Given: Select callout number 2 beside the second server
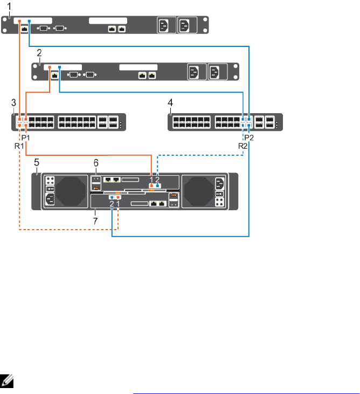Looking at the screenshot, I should tap(39, 53).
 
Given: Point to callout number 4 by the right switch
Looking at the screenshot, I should tap(171, 102).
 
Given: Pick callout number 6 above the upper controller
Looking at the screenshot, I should tap(96, 162).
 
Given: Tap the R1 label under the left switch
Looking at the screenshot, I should tap(18, 146).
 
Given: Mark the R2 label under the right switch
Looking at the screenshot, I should tap(243, 146).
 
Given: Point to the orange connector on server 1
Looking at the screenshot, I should tap(20, 22).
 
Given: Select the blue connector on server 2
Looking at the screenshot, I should tap(59, 67).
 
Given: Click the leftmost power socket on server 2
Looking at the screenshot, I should tap(193, 72).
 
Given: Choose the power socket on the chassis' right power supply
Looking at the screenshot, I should tap(219, 183).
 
